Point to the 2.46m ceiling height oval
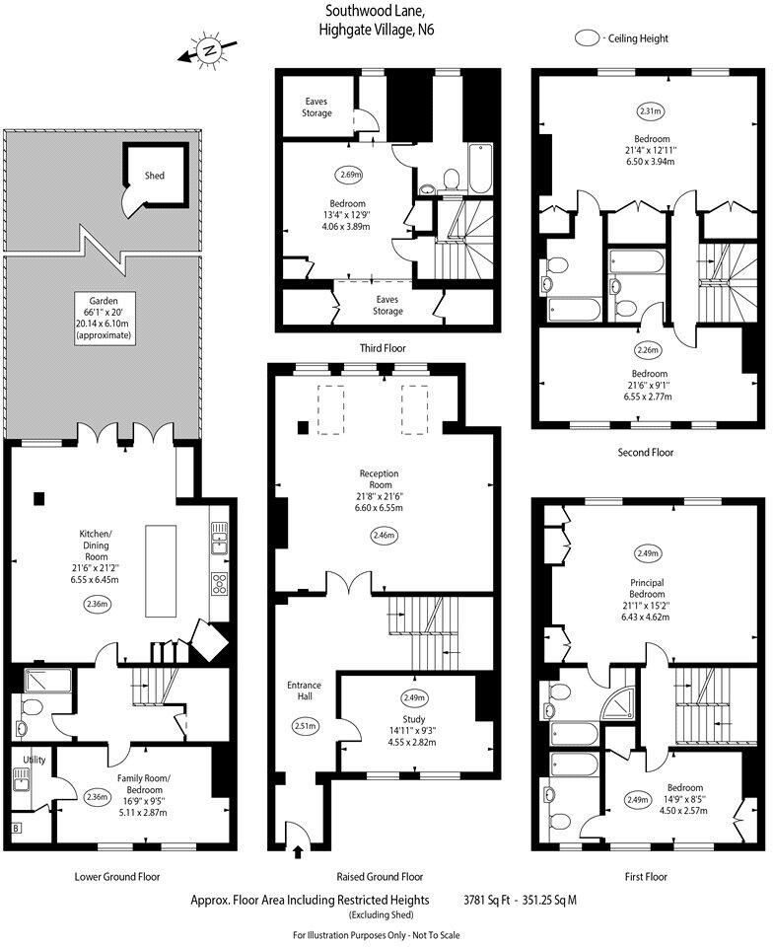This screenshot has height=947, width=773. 384,536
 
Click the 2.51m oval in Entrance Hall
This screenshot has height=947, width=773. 304,726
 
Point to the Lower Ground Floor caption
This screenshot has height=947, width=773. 117,876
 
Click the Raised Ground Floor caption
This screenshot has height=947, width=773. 380,876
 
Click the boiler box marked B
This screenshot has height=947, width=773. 17,828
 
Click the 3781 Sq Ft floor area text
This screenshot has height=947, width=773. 493,900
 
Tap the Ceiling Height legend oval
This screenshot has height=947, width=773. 590,38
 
